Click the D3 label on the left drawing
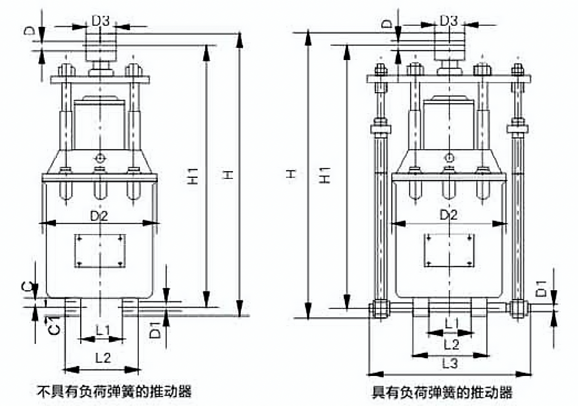[x=101, y=20]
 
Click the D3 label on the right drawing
[x=449, y=20]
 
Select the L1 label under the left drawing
[x=103, y=330]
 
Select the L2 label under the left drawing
[x=103, y=358]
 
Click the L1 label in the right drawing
[x=451, y=324]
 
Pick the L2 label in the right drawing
[x=451, y=345]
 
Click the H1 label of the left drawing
[x=193, y=176]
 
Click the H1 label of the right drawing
[x=324, y=175]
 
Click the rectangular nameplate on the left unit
[x=100, y=250]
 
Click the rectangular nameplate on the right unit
[x=449, y=250]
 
